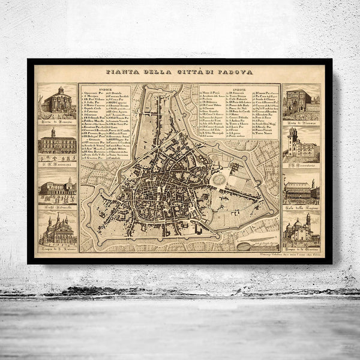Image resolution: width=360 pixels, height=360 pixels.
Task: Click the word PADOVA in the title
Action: pos(236,72)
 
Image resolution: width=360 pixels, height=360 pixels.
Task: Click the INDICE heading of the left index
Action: pos(105,88)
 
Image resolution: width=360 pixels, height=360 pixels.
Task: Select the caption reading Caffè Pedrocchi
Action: pos(58,206)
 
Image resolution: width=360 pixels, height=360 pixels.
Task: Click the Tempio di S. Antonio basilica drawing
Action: pos(58,228)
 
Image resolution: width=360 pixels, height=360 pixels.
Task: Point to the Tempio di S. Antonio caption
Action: pos(58,247)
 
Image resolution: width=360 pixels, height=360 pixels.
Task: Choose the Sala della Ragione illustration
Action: pos(302,191)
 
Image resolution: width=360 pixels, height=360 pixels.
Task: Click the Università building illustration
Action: pos(58,143)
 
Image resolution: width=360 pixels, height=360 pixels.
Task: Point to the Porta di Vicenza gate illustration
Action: pos(302,102)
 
